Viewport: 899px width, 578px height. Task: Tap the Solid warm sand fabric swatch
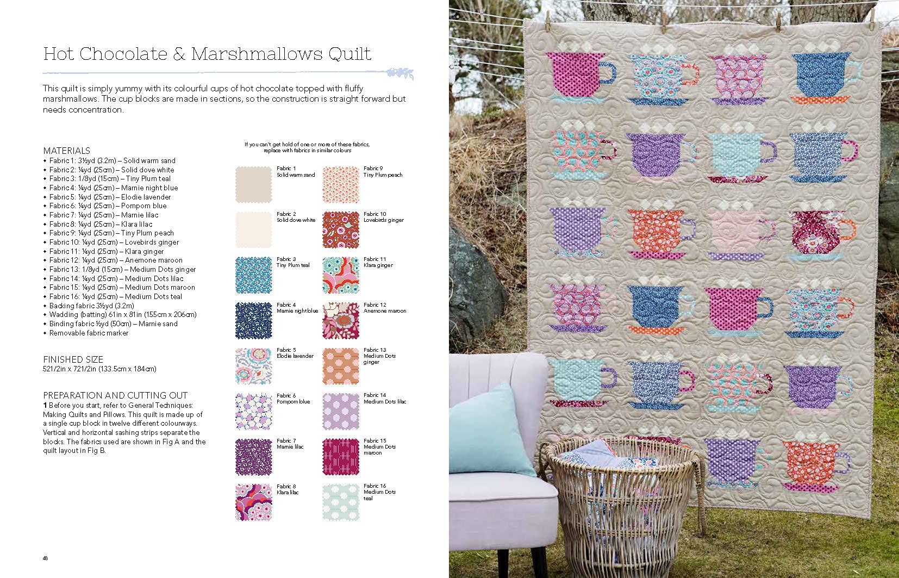[253, 184]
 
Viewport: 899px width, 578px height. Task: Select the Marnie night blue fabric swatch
[253, 320]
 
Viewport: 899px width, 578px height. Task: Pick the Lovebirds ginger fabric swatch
[341, 229]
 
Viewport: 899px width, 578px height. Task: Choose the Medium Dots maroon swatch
[341, 456]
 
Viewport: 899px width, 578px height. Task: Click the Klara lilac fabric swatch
[253, 502]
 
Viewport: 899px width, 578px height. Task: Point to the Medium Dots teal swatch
[341, 502]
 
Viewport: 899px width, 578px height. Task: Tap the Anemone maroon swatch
[341, 320]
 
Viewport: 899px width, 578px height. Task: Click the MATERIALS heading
[66, 151]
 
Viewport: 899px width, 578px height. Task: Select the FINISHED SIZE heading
[73, 359]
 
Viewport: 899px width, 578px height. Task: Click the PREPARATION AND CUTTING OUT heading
[115, 395]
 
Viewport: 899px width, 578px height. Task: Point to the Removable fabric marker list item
[89, 333]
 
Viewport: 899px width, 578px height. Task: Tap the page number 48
[45, 558]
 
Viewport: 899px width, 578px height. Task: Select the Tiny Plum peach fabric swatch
[341, 184]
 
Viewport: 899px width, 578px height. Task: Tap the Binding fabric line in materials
[113, 324]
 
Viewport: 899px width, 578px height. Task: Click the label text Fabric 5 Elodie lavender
[295, 353]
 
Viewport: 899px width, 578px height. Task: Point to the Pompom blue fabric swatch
[253, 411]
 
